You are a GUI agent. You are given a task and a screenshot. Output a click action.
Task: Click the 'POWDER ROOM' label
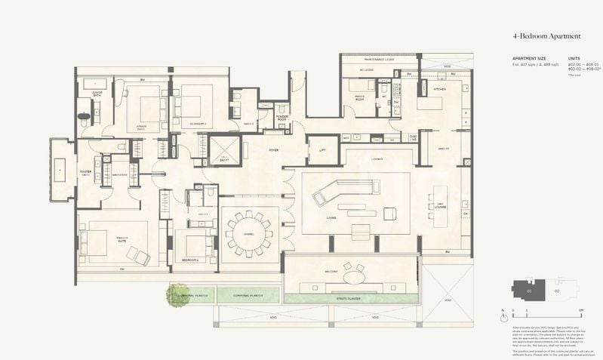pos(282,118)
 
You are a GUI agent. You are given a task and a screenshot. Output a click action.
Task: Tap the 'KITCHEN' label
pos(439,89)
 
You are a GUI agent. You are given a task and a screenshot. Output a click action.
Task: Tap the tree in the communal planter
pos(180,295)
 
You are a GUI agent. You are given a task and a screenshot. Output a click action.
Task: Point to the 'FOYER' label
pos(274,150)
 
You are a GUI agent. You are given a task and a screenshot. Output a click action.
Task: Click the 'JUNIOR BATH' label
pos(97,94)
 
